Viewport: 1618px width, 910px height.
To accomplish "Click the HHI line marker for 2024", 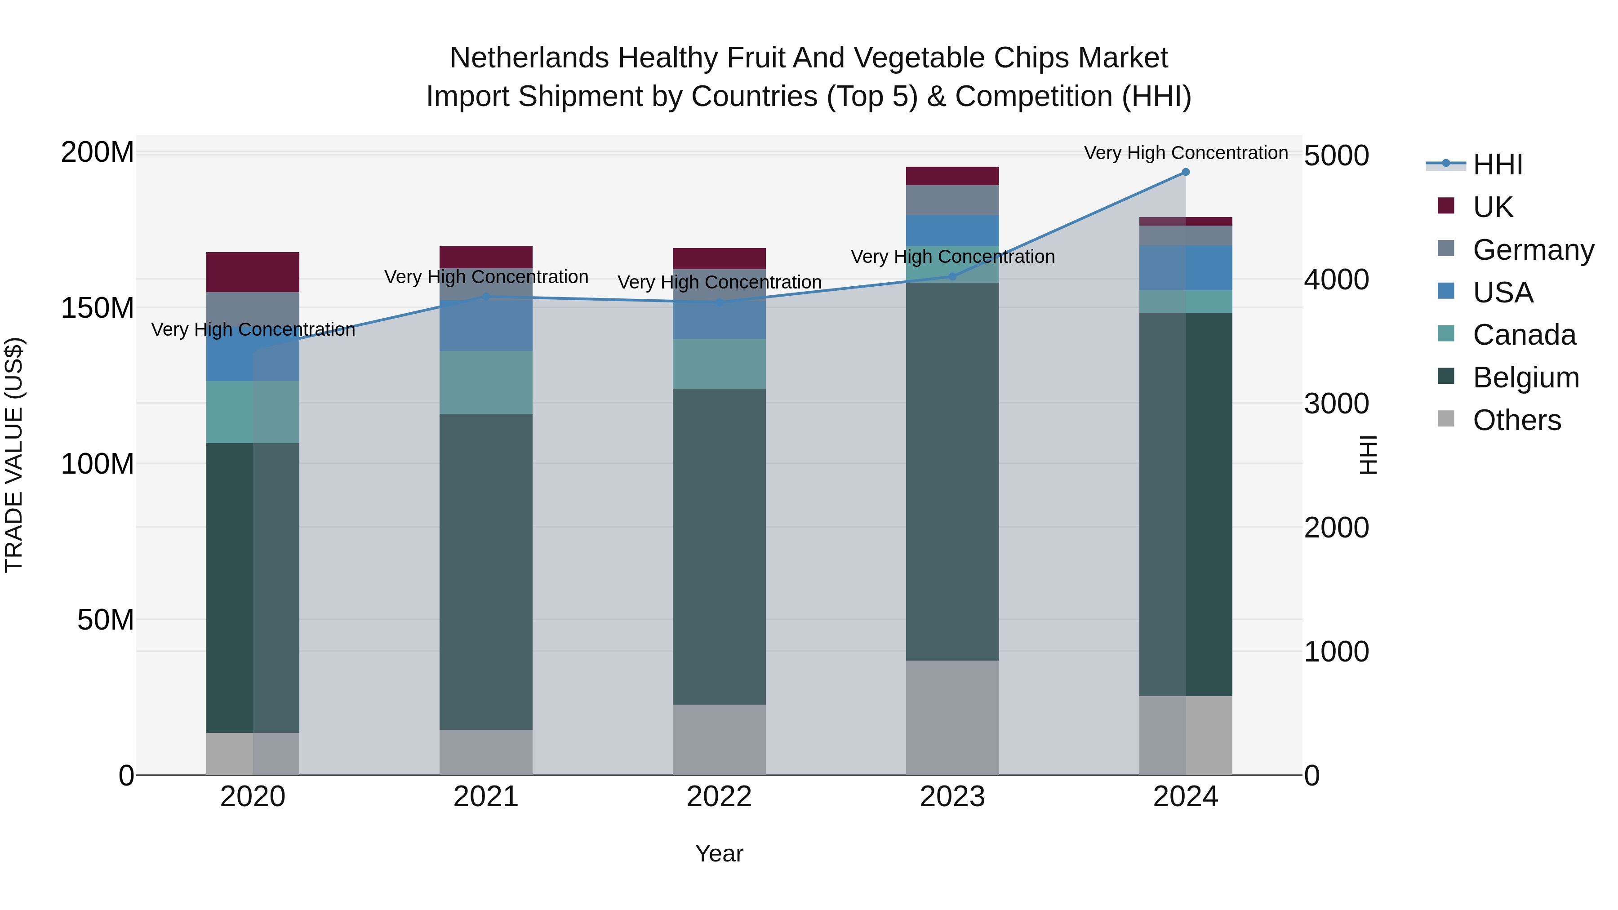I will [x=1185, y=172].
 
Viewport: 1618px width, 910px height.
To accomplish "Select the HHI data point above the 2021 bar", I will [x=485, y=297].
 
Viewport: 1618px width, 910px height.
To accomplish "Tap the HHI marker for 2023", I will [x=952, y=276].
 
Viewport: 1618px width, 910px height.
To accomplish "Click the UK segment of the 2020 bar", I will [x=253, y=272].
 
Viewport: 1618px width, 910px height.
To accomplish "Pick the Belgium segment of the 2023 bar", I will [x=952, y=471].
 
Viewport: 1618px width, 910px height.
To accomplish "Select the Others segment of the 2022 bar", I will [x=719, y=739].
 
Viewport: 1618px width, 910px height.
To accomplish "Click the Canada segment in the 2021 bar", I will [x=485, y=382].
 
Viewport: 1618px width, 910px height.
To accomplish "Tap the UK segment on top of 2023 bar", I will [x=952, y=176].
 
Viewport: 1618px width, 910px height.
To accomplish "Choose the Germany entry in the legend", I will [x=1533, y=250].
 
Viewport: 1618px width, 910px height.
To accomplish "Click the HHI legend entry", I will [x=1498, y=164].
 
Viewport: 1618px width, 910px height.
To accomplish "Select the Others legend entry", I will [x=1516, y=420].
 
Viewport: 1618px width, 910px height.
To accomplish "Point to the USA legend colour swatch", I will [x=1446, y=291].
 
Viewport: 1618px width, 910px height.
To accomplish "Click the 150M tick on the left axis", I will [x=98, y=308].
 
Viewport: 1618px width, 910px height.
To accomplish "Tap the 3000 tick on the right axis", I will [x=1336, y=404].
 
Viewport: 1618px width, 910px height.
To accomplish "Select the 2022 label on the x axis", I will [x=719, y=797].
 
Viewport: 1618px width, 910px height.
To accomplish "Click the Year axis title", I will [x=719, y=853].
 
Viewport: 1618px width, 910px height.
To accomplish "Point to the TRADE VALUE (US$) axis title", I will [x=14, y=455].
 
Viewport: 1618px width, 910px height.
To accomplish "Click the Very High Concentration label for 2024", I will [x=1185, y=153].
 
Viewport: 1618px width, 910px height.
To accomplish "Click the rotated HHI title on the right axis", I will [x=1367, y=455].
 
